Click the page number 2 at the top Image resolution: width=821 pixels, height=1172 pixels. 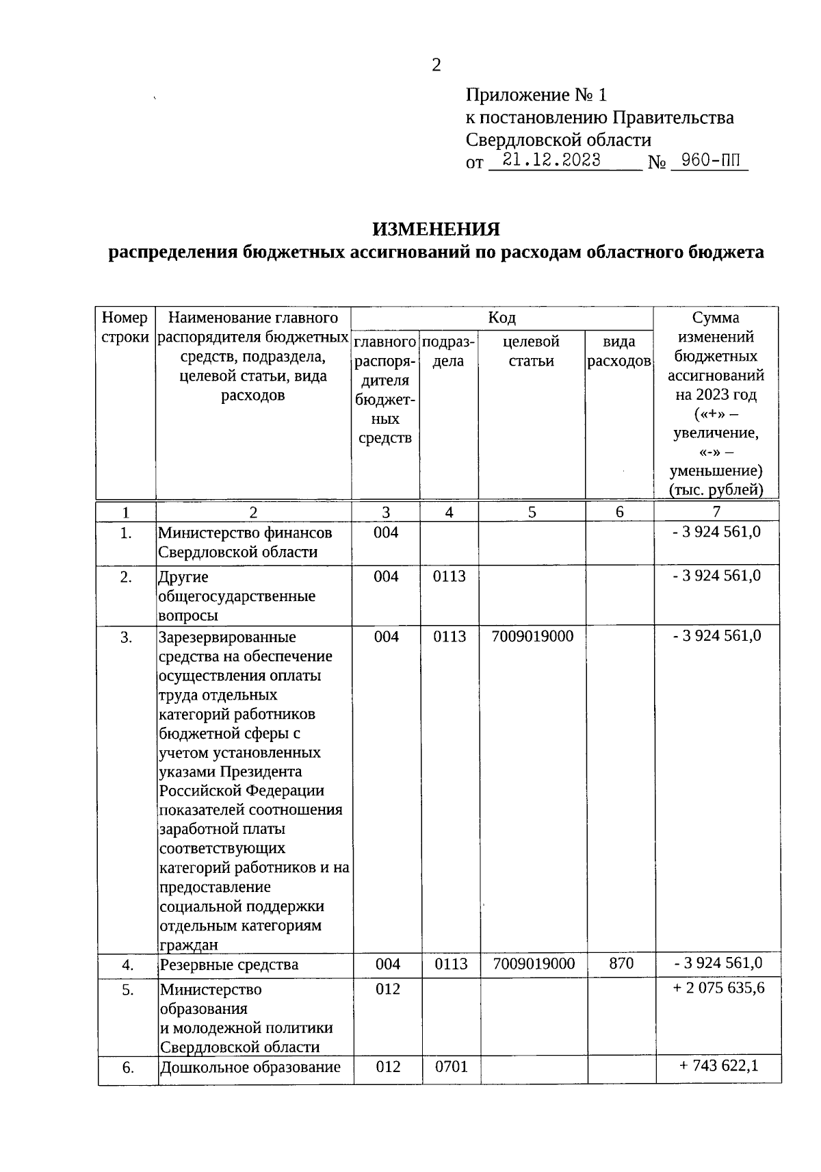click(x=436, y=65)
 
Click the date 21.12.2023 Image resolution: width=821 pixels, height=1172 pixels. click(x=551, y=160)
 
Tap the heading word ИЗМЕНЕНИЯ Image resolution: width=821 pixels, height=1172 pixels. click(x=436, y=229)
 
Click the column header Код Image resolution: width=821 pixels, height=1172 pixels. click(x=501, y=318)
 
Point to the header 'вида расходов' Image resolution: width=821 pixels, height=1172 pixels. click(x=618, y=351)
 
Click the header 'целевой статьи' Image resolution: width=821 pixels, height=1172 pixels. click(x=531, y=351)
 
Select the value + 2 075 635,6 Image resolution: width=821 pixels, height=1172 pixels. click(x=718, y=988)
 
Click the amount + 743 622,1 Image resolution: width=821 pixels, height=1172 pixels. click(x=718, y=1065)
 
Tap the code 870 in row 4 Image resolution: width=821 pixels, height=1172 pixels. click(x=621, y=963)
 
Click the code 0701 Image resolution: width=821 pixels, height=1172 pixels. click(x=451, y=1066)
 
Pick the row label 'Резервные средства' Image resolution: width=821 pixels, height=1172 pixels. click(x=229, y=965)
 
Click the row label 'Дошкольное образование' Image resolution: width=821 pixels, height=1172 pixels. click(x=250, y=1067)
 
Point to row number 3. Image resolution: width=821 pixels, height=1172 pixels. click(x=126, y=637)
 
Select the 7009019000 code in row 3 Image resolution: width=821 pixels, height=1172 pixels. click(x=532, y=636)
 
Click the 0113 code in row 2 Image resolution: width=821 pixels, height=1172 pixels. click(x=449, y=576)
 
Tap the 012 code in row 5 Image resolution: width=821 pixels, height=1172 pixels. click(x=387, y=989)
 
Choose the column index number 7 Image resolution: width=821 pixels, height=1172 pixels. click(x=716, y=511)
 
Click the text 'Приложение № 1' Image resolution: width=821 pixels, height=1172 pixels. click(x=536, y=94)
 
